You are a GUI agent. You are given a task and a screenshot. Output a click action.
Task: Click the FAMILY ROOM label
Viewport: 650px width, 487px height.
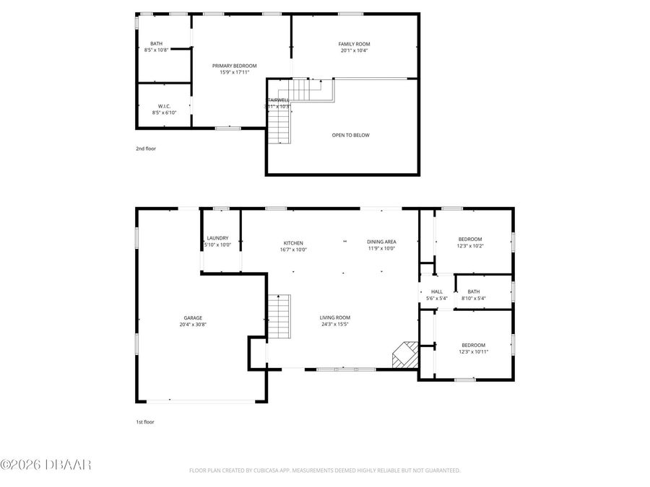(355, 44)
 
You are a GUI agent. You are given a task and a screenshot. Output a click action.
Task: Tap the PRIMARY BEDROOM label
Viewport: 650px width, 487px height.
(234, 66)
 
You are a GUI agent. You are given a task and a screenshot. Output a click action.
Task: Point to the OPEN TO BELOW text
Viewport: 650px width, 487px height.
(351, 135)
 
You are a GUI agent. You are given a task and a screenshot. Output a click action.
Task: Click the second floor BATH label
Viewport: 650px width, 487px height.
(156, 44)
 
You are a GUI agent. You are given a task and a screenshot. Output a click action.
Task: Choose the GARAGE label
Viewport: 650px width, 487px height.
(193, 317)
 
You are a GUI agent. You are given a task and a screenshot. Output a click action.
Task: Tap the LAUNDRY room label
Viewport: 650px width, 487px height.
(217, 238)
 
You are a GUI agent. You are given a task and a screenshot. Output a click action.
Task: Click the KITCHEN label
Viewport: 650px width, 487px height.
(293, 242)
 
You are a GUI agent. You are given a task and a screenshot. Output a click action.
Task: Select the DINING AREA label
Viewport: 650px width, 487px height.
(382, 242)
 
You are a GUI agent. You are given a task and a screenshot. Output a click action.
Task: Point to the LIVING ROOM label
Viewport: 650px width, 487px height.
(335, 317)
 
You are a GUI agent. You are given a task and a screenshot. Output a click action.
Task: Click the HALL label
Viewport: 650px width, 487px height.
(437, 291)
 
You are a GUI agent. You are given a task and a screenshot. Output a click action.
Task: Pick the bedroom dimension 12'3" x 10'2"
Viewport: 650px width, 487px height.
(470, 246)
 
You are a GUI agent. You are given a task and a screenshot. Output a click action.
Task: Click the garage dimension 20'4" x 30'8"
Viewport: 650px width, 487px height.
(193, 325)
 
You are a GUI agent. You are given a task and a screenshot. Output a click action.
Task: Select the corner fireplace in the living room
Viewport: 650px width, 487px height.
(404, 355)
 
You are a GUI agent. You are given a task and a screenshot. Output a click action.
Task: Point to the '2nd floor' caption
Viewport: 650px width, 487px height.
(145, 149)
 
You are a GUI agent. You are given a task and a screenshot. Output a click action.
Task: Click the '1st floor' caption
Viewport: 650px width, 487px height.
(145, 422)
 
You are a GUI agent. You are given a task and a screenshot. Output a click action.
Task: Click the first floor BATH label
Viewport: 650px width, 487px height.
(474, 291)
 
